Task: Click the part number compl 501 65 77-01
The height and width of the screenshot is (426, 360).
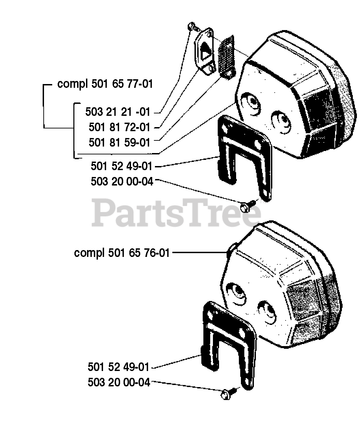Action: click(x=105, y=84)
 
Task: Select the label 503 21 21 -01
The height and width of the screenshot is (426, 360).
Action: click(x=118, y=112)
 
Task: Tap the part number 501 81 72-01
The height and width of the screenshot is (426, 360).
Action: click(x=119, y=127)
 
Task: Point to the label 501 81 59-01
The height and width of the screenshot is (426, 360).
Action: click(x=119, y=142)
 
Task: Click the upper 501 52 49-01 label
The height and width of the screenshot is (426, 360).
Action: click(x=121, y=166)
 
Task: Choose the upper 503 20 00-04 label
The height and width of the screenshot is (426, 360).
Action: click(x=122, y=181)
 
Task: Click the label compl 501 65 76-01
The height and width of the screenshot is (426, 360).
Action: click(x=121, y=253)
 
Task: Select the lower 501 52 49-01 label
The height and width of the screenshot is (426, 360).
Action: click(x=118, y=367)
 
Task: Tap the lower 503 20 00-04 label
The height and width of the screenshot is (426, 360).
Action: click(x=119, y=383)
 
